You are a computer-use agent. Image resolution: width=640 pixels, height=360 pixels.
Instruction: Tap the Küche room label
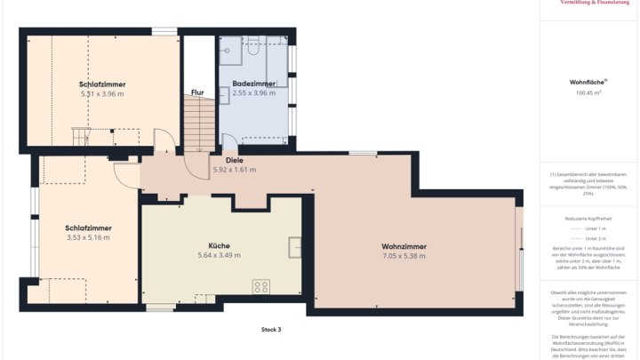coord(219,244)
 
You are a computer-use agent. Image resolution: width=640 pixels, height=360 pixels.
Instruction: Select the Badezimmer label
coord(253,83)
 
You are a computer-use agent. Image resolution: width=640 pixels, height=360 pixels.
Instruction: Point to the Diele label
coord(234,160)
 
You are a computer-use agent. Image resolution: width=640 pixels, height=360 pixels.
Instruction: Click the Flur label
coord(198,92)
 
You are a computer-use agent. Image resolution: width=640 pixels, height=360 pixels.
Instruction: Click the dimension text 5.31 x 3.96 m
coord(102,93)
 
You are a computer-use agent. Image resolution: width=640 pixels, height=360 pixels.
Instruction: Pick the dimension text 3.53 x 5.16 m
coord(88,238)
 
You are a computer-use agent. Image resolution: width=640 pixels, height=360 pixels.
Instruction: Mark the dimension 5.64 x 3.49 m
coord(219,255)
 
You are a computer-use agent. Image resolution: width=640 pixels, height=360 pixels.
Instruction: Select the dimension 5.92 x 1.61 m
coord(234,170)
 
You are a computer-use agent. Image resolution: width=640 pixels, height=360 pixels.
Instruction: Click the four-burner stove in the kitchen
coord(261,286)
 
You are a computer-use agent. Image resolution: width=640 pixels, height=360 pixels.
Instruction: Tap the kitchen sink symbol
coord(294,246)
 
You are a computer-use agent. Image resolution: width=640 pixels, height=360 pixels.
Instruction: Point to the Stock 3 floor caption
coord(270,330)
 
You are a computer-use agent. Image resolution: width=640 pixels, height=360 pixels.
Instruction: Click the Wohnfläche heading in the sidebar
coord(588,82)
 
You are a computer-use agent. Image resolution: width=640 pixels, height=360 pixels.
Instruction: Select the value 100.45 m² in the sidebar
coord(588,92)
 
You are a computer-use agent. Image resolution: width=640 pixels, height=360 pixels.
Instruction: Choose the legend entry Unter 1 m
coord(596,228)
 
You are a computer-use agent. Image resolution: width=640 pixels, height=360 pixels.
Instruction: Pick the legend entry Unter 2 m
coord(596,239)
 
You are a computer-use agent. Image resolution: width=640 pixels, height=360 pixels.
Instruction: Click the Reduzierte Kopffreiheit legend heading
coord(588,218)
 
